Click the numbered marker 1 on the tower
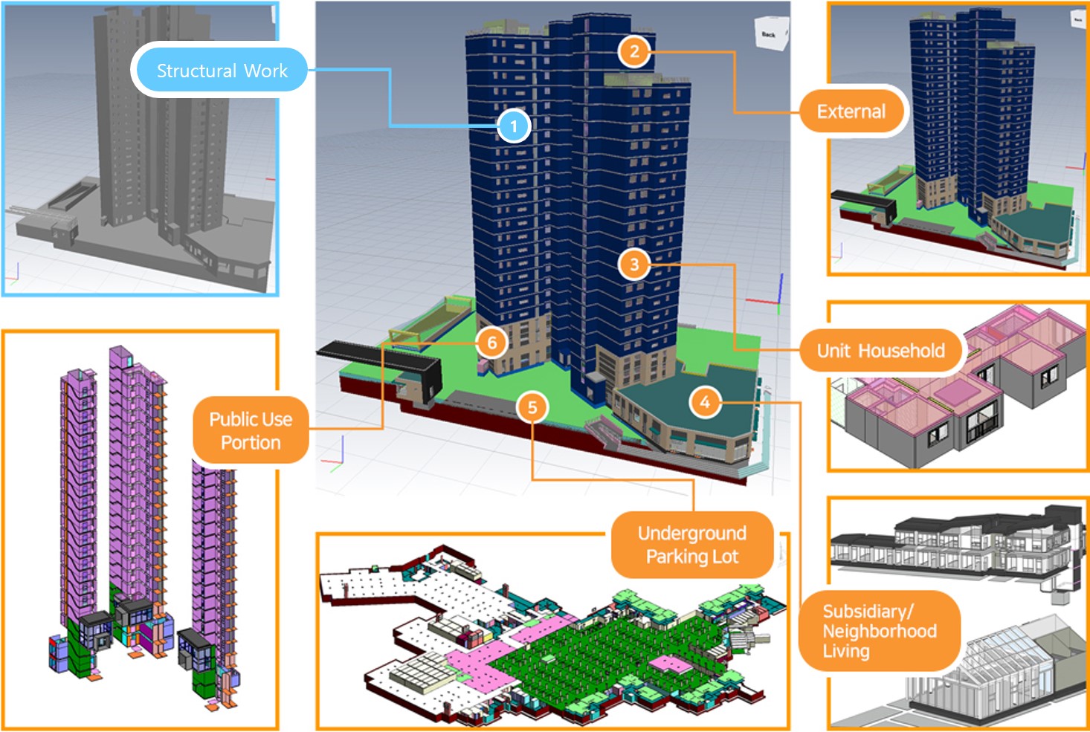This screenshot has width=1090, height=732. (514, 126)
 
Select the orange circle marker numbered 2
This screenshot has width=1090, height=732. (634, 51)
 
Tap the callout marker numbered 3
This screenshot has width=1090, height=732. (634, 264)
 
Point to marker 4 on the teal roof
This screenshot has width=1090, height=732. (705, 402)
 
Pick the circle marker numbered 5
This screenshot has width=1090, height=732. (532, 407)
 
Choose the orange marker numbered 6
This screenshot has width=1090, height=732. (491, 343)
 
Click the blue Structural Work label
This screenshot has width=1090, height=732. (221, 71)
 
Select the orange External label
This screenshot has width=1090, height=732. (851, 111)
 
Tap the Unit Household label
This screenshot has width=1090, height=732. (880, 351)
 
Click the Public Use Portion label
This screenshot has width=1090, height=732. (251, 430)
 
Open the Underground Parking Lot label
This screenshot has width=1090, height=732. (691, 545)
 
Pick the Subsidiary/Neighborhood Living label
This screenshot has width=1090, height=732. (879, 631)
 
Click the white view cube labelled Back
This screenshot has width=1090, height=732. (770, 34)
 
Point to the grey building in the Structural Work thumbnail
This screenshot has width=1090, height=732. (160, 126)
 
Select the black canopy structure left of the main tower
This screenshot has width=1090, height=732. (379, 357)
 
